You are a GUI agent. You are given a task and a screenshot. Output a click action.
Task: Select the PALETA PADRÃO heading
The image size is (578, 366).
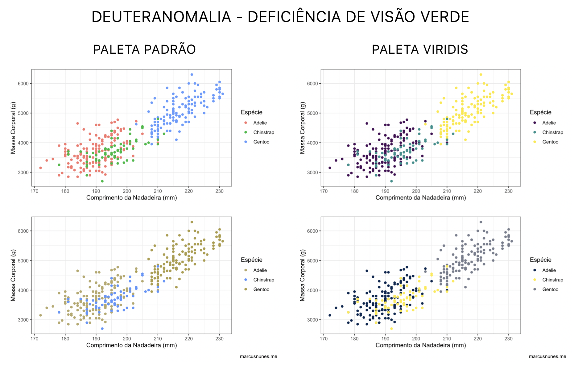click(144, 49)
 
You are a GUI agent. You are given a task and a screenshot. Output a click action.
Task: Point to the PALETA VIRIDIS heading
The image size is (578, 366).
click(420, 49)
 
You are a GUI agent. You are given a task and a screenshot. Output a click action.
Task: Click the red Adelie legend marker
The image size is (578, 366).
click(246, 123)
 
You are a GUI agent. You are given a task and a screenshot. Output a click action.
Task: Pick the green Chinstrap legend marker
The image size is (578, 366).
click(246, 132)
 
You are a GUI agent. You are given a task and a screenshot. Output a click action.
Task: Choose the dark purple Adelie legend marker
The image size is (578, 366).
click(535, 123)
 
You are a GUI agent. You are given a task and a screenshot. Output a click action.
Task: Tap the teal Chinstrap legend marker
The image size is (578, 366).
click(535, 132)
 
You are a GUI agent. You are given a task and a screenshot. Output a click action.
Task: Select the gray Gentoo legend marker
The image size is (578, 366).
click(535, 289)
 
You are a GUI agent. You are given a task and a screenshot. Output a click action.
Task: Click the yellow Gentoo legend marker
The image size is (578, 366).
click(535, 142)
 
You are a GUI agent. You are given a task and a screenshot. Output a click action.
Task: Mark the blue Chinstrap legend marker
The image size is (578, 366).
click(246, 280)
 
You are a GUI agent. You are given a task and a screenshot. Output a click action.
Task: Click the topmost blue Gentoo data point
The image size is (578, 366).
click(192, 74)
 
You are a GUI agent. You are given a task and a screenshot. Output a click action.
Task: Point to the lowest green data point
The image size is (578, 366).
click(102, 181)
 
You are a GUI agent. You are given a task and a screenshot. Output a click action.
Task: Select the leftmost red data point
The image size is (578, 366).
click(40, 168)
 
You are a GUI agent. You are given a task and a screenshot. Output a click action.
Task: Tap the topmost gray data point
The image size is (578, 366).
click(481, 222)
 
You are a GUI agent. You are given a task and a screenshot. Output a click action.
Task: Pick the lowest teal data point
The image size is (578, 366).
click(391, 181)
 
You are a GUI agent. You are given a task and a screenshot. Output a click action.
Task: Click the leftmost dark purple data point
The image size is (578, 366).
click(330, 168)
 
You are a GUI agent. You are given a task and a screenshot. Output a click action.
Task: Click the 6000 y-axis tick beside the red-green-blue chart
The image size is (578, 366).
click(23, 84)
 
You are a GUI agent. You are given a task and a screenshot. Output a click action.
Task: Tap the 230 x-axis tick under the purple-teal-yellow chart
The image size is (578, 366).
click(509, 191)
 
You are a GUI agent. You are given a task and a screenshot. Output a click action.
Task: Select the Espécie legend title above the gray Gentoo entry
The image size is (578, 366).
click(541, 260)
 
